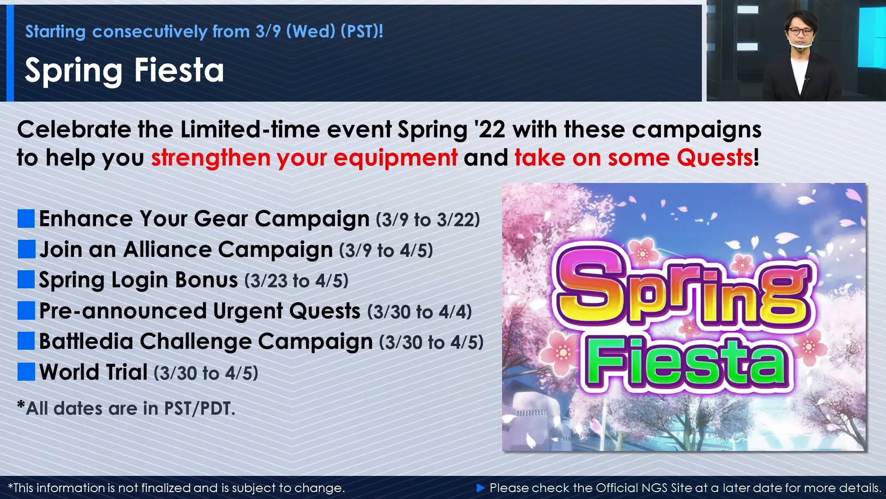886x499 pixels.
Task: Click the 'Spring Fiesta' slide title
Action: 124,71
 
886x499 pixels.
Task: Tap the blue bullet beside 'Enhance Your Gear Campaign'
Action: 26,219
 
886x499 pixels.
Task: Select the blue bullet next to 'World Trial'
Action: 26,372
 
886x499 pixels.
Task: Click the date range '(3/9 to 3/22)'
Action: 428,220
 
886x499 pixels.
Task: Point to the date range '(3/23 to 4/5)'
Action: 296,281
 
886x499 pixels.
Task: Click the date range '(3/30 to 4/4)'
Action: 419,312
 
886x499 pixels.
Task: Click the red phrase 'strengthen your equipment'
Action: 305,158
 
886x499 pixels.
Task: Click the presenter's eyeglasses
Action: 801,31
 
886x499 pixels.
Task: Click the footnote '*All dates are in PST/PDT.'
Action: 126,408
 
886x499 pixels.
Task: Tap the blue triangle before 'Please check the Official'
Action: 480,487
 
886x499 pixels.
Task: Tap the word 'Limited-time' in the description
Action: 250,129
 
